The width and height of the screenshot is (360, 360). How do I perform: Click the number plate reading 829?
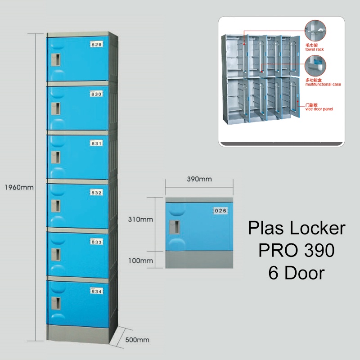click(97, 45)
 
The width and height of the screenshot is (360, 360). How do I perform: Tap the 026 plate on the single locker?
click(220, 210)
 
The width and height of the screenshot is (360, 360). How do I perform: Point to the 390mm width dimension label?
click(199, 179)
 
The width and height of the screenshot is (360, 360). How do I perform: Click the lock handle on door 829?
click(56, 60)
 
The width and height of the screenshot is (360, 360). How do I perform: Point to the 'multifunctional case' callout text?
click(323, 84)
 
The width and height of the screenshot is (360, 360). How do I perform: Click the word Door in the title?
click(304, 273)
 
